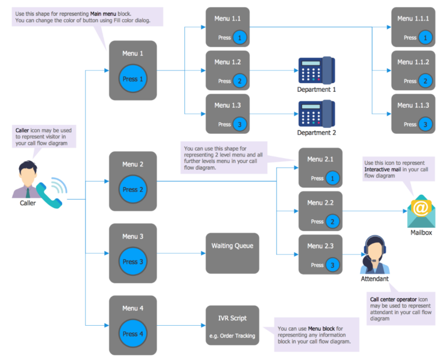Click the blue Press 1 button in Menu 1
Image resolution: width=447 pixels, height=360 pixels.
coord(133,79)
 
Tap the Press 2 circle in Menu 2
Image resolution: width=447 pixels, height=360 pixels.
coord(133,190)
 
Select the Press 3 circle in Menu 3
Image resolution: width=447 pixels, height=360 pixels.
coord(133,262)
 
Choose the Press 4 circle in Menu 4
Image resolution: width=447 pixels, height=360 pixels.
coord(133,334)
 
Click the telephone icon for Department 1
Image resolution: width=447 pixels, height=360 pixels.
coord(316,70)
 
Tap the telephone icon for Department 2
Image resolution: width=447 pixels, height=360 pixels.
coord(316,113)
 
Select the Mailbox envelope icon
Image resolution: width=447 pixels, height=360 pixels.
coord(420,211)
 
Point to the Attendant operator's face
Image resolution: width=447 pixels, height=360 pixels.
coord(374,251)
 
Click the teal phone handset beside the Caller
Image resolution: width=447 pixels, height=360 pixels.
coord(49,195)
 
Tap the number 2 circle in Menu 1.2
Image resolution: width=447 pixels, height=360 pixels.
coord(240,81)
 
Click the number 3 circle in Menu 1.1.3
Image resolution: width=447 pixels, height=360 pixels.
coord(425,124)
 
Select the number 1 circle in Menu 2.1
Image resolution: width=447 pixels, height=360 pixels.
coord(332,178)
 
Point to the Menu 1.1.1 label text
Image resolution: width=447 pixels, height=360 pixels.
coord(413,19)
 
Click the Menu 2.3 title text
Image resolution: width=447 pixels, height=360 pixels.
coord(320,245)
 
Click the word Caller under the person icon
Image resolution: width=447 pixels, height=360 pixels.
coord(27,203)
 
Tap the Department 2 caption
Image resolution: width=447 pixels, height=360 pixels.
coord(317,133)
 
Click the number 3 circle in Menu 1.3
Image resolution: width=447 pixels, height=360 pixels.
coord(240,124)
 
